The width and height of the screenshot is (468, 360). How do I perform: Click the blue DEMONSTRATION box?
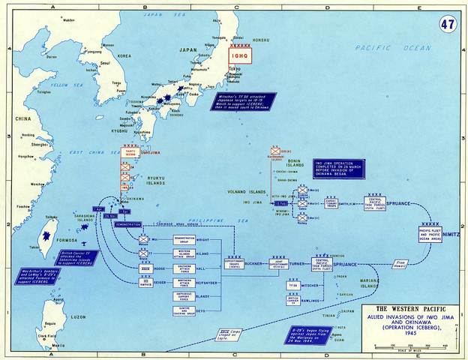[129, 224]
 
